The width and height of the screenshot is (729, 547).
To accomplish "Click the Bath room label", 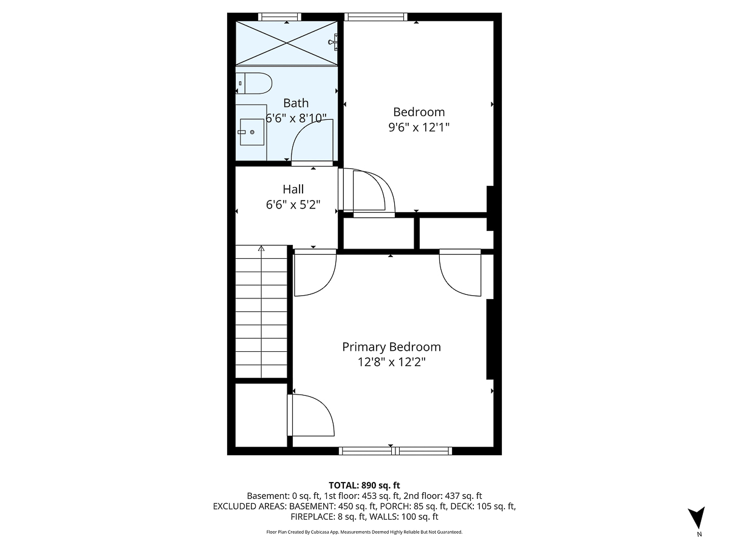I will pos(296,103).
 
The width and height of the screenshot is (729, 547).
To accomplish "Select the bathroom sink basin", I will pos(252,132).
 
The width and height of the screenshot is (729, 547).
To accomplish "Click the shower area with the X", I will pos(286,43).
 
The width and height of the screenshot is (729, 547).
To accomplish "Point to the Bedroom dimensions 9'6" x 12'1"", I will pos(419,128).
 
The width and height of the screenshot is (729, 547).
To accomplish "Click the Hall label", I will pos(293,190).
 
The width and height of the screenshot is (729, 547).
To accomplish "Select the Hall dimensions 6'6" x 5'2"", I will pos(293,205).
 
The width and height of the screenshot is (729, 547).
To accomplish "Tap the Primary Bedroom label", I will pos(391,347).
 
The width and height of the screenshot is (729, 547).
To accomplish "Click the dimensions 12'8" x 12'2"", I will pos(391,363).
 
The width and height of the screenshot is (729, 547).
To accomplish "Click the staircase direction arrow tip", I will pos(261,248).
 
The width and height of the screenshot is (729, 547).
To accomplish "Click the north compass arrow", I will pos(699,518).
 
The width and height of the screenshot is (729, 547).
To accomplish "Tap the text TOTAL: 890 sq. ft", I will pos(364,485).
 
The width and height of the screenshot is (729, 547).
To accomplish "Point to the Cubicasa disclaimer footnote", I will pos(364,532).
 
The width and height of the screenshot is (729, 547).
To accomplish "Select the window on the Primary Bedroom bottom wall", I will pos(395,450).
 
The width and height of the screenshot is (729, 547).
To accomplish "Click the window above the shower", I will pos(279,16).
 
